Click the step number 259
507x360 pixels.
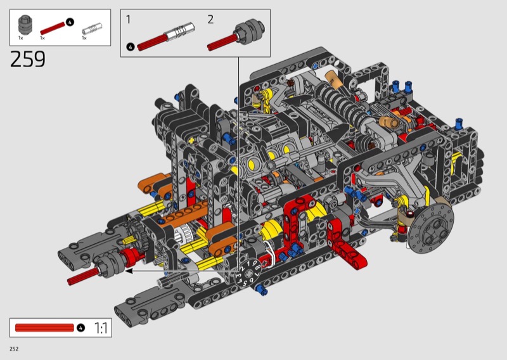click(28, 59)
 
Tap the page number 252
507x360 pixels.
click(14, 349)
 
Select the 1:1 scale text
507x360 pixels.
click(101, 328)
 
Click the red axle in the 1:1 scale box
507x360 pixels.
click(44, 328)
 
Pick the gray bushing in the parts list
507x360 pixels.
click(25, 25)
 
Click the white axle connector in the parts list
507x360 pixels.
click(92, 29)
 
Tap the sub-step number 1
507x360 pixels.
click(129, 20)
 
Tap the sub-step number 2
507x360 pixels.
click(210, 20)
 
